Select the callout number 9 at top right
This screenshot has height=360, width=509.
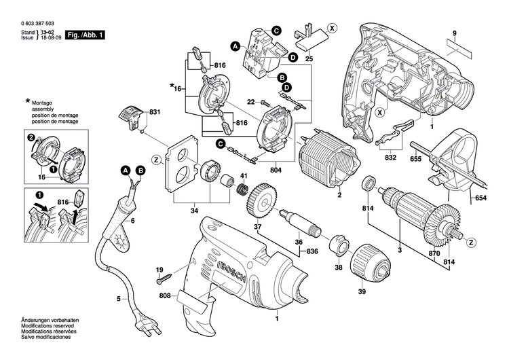(455, 33)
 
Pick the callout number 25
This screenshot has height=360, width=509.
(309, 60)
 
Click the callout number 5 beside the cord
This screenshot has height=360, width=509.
(119, 298)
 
